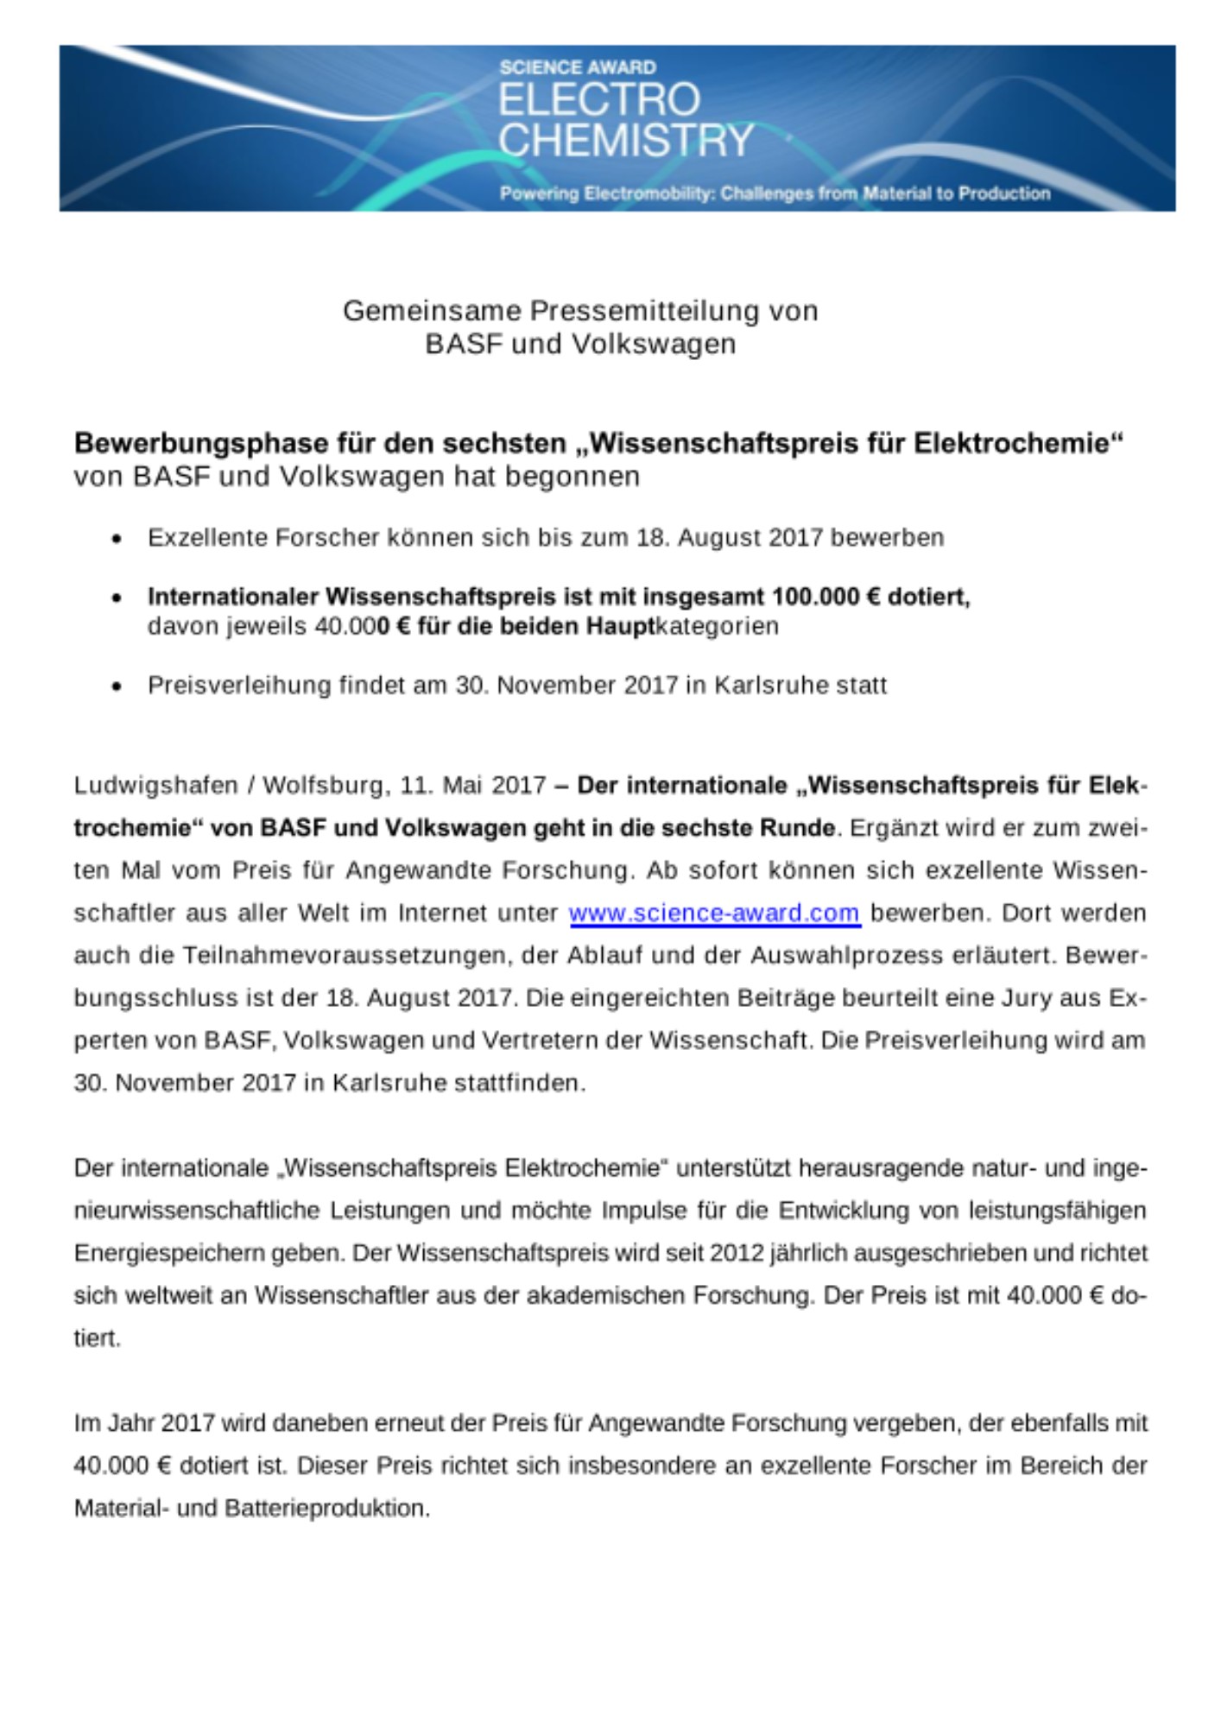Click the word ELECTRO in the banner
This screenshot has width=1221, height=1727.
[x=599, y=100]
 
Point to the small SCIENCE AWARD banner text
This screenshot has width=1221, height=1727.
[x=578, y=67]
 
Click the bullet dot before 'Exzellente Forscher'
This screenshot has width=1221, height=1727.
[x=117, y=540]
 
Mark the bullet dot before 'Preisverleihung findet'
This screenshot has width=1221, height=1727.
[x=117, y=687]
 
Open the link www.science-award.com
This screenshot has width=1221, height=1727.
[x=715, y=913]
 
